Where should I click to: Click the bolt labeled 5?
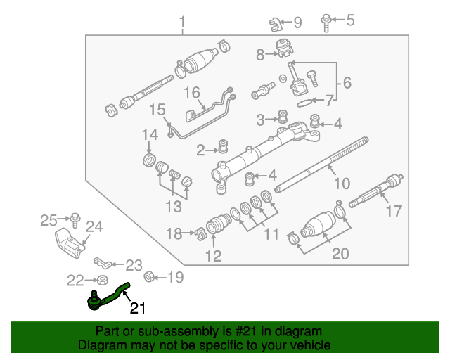click(327, 21)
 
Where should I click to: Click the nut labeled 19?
click(149, 277)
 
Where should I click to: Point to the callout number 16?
click(192, 93)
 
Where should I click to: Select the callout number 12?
click(213, 255)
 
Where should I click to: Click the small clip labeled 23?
click(103, 264)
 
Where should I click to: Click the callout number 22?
click(75, 281)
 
